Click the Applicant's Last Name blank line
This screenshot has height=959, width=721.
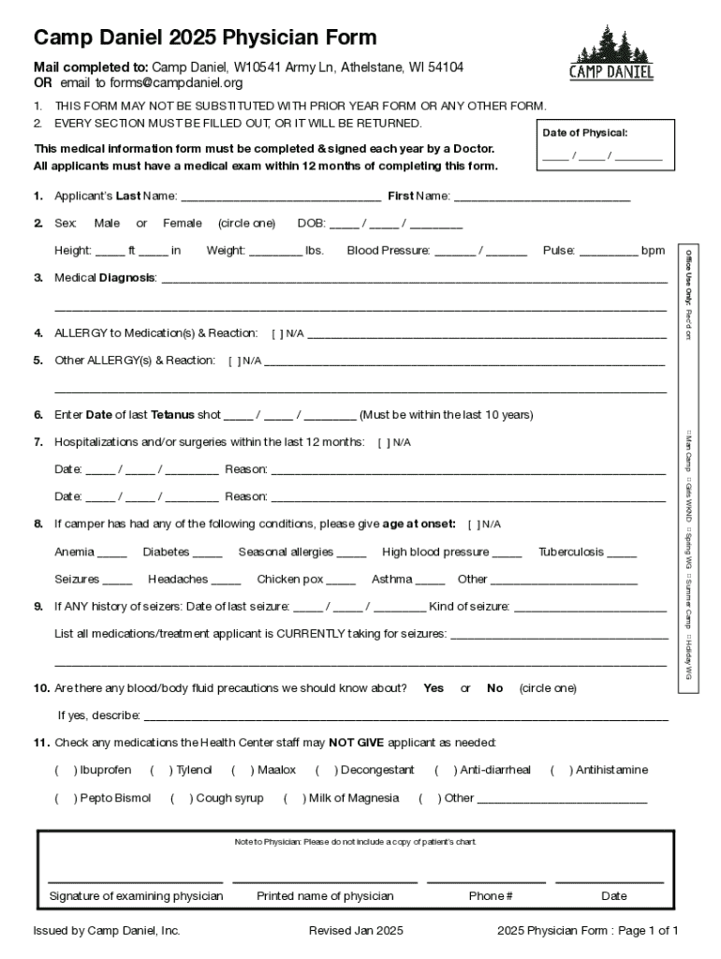280,197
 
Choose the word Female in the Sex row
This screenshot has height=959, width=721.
182,223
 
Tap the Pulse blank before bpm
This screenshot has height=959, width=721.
609,251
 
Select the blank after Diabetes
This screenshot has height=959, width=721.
207,553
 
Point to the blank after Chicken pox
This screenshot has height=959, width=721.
341,580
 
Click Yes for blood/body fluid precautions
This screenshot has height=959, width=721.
434,688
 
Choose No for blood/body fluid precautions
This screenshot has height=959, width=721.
494,688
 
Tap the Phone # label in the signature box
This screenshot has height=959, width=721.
490,896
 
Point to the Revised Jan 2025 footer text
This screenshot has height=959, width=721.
356,931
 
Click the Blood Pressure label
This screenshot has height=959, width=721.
388,251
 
